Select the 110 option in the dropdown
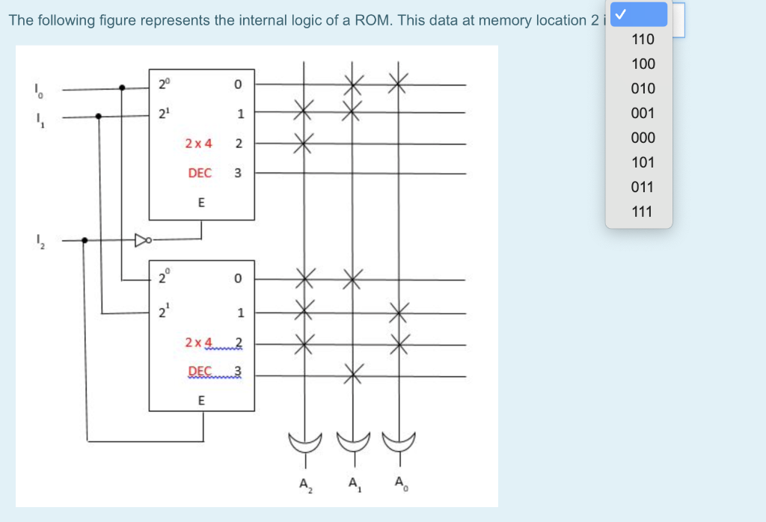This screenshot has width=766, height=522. click(643, 39)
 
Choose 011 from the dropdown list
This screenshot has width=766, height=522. click(643, 187)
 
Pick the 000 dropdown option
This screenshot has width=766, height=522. click(643, 138)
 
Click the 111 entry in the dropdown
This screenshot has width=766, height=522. click(643, 212)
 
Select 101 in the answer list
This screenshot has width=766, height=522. click(643, 162)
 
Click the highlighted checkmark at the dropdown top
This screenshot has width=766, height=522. click(638, 14)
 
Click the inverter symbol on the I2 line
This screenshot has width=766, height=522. click(142, 241)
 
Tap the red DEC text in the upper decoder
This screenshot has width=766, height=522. click(200, 173)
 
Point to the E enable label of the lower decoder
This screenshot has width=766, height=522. click(200, 400)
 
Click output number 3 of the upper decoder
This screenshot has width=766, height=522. click(238, 173)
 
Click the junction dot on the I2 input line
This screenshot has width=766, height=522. click(85, 241)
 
